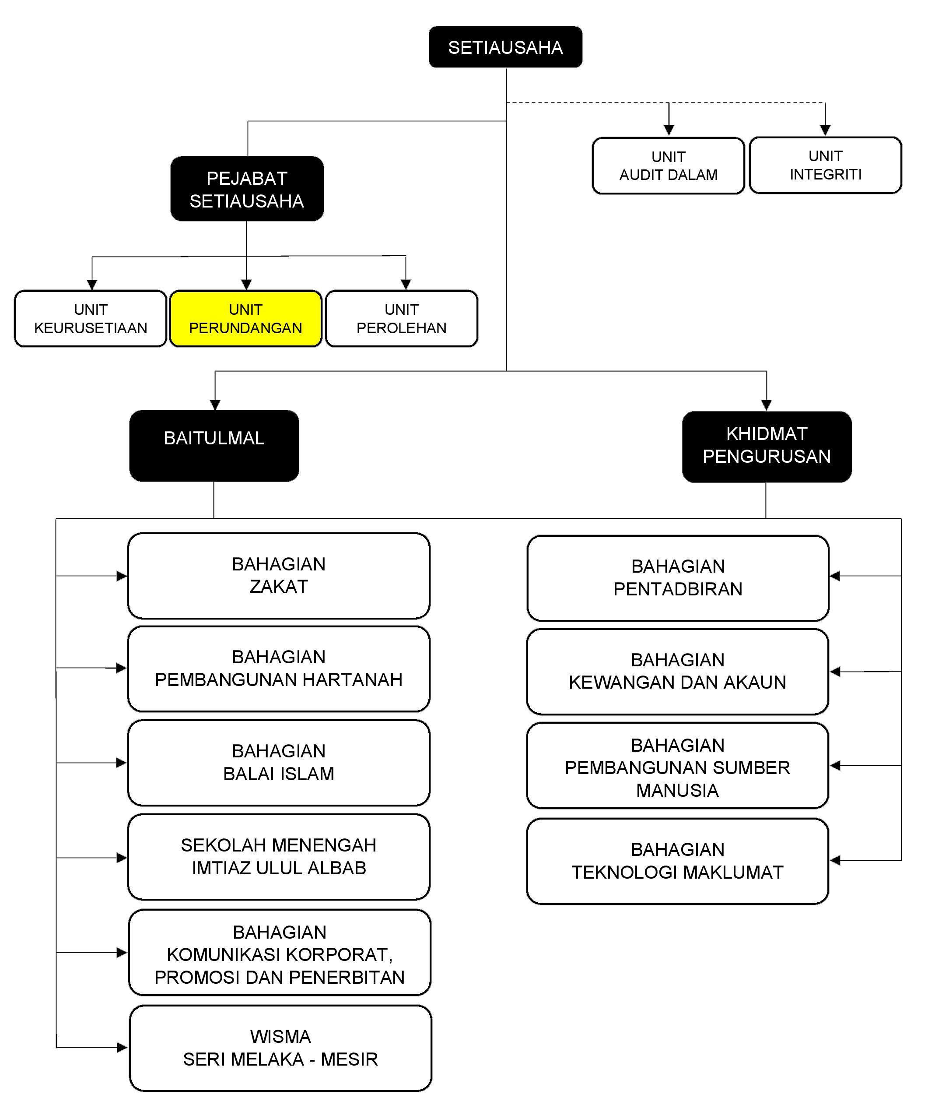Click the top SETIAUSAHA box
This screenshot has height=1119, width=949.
[505, 47]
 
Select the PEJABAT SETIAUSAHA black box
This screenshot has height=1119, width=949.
[247, 189]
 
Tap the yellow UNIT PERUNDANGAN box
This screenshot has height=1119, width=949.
[246, 319]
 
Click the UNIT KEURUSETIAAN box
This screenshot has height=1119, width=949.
[91, 319]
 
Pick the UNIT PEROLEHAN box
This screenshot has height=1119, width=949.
[401, 319]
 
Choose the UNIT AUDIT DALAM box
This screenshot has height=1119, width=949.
[668, 166]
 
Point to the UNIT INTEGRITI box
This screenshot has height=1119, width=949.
[825, 165]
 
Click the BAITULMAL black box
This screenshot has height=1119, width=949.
[214, 446]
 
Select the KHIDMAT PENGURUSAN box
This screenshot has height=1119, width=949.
[767, 447]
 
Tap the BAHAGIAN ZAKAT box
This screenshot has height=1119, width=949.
[279, 575]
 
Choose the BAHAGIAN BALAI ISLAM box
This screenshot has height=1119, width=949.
[279, 762]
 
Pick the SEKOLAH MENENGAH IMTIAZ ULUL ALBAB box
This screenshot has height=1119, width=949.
[279, 856]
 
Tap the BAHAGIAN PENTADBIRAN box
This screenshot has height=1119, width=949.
[678, 578]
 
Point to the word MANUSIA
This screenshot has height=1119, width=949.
[677, 790]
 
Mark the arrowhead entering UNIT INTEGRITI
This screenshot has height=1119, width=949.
[825, 130]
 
